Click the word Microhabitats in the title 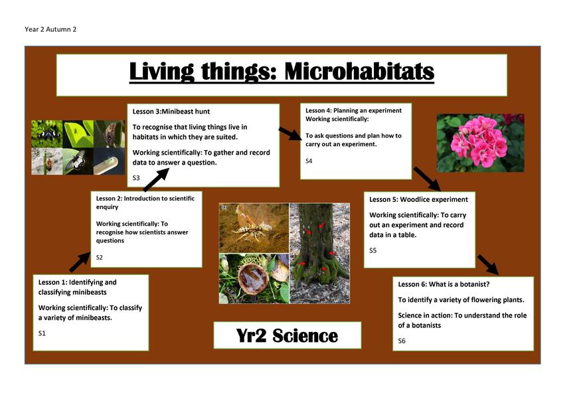pyautogui.click(x=359, y=71)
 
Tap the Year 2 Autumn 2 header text pyautogui.click(x=50, y=29)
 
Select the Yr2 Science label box pyautogui.click(x=287, y=335)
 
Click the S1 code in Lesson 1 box pyautogui.click(x=42, y=333)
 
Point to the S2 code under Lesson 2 pyautogui.click(x=100, y=257)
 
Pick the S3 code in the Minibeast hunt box pyautogui.click(x=136, y=178)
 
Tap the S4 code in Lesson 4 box pyautogui.click(x=309, y=161)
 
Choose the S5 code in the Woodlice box pyautogui.click(x=373, y=250)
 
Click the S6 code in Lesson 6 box pyautogui.click(x=402, y=341)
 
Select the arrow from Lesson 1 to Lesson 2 pyautogui.click(x=80, y=262)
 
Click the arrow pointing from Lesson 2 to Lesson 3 pyautogui.click(x=156, y=180)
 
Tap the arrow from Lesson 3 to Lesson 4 pyautogui.click(x=291, y=133)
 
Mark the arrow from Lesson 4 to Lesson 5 pyautogui.click(x=427, y=179)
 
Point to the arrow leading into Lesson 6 pyautogui.click(x=488, y=265)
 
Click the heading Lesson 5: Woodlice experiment pyautogui.click(x=418, y=199)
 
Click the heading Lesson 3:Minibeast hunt pyautogui.click(x=171, y=112)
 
